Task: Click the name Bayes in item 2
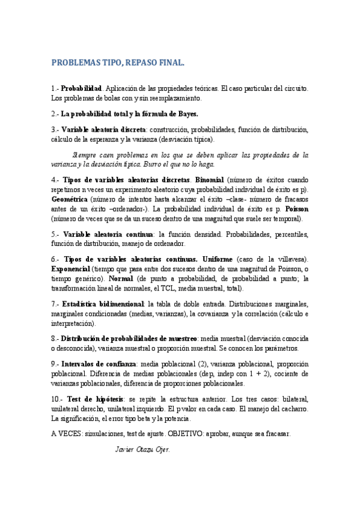pos(183,114)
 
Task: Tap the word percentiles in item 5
pos(291,235)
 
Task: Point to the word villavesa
pos(290,259)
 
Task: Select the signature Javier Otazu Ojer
pos(142,449)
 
